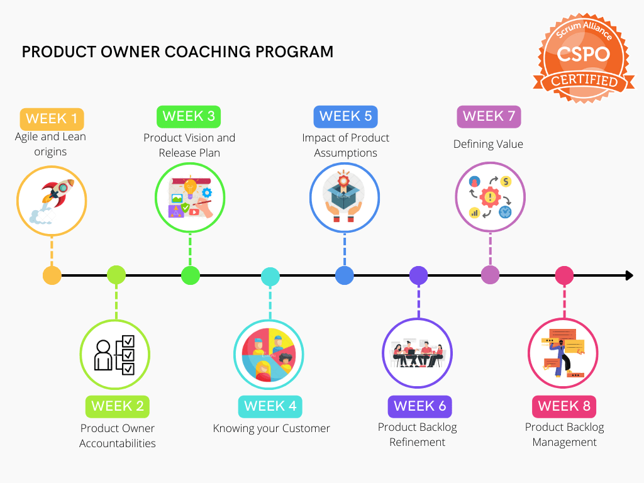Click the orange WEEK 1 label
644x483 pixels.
pyautogui.click(x=52, y=119)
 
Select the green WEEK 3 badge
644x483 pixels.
pyautogui.click(x=189, y=116)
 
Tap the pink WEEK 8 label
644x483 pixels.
pyautogui.click(x=564, y=406)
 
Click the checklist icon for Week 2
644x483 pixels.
pyautogui.click(x=115, y=353)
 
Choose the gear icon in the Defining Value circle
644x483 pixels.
pyautogui.click(x=490, y=197)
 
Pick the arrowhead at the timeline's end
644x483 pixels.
pyautogui.click(x=629, y=275)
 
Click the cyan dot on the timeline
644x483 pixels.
pyautogui.click(x=270, y=276)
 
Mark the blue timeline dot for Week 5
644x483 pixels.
pyautogui.click(x=345, y=275)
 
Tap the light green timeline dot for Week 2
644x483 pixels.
pyautogui.click(x=116, y=275)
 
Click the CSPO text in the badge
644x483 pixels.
pyautogui.click(x=583, y=54)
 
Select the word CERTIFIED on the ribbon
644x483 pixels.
pyautogui.click(x=584, y=81)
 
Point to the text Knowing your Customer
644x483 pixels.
pyautogui.click(x=271, y=428)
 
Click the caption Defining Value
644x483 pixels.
pyautogui.click(x=488, y=144)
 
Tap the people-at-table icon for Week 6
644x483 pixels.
pyautogui.click(x=417, y=353)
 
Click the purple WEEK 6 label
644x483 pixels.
pyautogui.click(x=420, y=406)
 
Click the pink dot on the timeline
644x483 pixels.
pyautogui.click(x=564, y=275)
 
